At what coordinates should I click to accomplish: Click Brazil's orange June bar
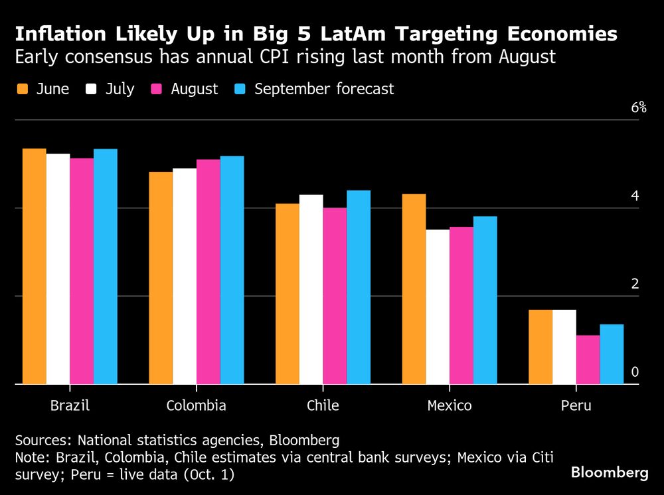coord(35,266)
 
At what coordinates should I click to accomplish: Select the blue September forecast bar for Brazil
coord(106,266)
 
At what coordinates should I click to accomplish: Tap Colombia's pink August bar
coord(208,271)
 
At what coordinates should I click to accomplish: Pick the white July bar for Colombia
coord(185,276)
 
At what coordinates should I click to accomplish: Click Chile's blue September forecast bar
coord(359,287)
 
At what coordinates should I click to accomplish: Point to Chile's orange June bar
coord(288,293)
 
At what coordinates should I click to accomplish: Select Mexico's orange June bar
coord(414,289)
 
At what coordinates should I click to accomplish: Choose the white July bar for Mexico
coord(438,307)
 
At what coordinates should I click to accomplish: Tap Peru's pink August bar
coord(588,359)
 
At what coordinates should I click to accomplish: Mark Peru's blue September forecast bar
coord(612,354)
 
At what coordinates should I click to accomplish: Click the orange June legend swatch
coord(22,89)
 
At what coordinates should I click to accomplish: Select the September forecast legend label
coord(324,89)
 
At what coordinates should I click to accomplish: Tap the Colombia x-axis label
coord(196,405)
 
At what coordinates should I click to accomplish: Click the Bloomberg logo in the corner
coord(610,472)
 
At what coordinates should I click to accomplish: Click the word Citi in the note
coord(542,457)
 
